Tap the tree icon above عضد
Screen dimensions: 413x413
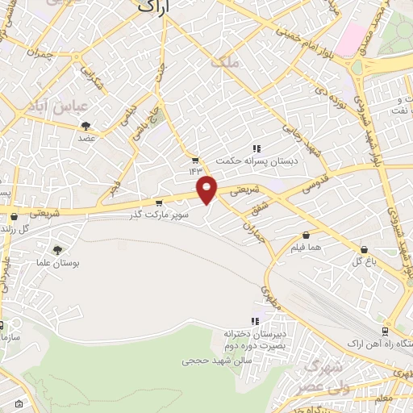[x=86, y=125]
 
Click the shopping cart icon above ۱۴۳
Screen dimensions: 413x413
[x=194, y=159]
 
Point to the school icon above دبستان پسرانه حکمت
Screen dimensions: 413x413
[x=257, y=148]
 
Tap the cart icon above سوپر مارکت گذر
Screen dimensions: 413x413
[x=159, y=203]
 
